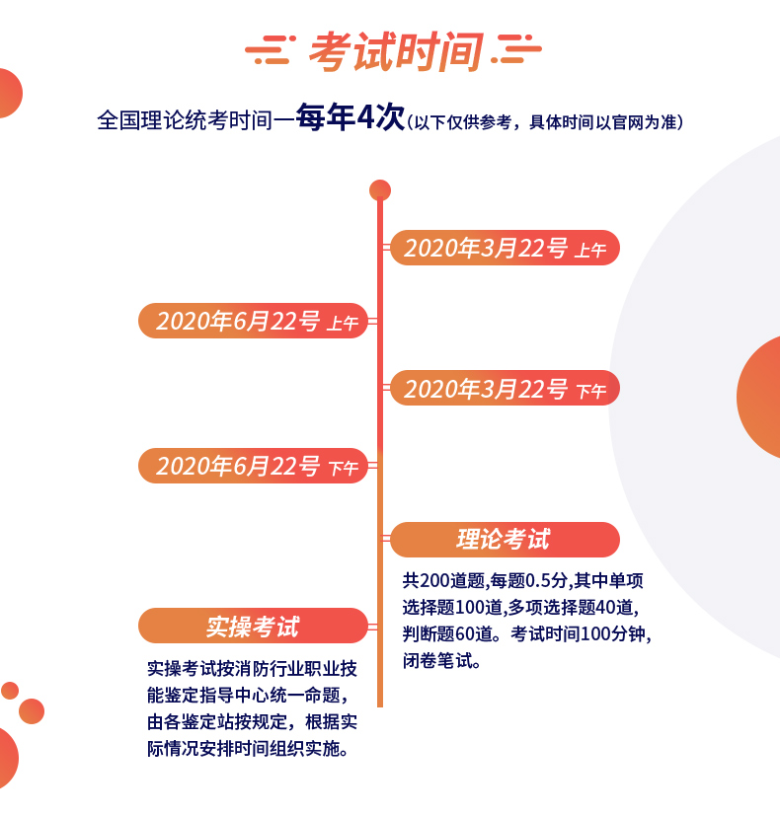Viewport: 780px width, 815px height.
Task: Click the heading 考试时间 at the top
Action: [396, 51]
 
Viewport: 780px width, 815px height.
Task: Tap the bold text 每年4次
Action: [350, 117]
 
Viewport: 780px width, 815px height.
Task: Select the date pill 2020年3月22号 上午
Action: [505, 248]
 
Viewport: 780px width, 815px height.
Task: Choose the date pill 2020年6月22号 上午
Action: [253, 321]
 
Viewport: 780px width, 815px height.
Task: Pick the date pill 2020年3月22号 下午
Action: [505, 388]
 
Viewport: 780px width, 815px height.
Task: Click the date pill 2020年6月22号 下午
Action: [253, 466]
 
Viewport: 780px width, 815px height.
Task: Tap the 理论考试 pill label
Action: [505, 540]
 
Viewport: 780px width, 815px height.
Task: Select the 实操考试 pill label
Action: [253, 626]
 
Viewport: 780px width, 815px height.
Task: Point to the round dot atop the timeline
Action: [380, 190]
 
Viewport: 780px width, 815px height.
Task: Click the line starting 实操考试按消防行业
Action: [252, 669]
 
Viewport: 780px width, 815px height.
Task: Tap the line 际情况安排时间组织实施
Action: [248, 749]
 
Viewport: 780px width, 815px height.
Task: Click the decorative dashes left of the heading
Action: [271, 50]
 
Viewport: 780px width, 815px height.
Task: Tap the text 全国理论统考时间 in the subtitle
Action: [185, 120]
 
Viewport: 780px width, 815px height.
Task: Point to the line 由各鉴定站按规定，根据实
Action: [252, 722]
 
